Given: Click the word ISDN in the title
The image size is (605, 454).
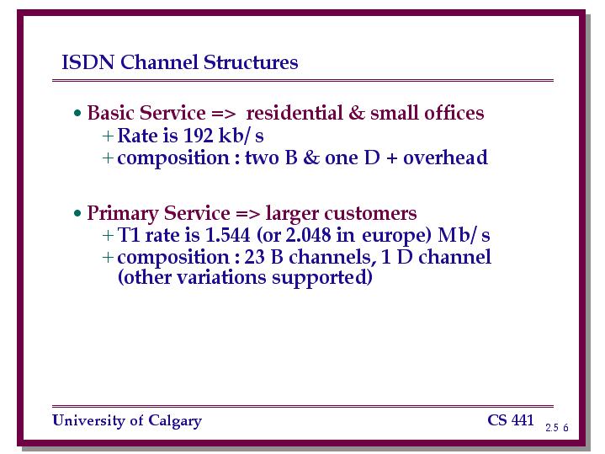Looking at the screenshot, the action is coord(88,62).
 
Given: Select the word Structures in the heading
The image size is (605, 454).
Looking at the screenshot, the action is coord(251,62).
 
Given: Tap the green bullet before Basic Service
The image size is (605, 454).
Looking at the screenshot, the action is coord(77,114).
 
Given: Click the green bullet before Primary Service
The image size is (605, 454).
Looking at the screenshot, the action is coord(77,213).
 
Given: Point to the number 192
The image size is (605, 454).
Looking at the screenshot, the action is coord(198,136).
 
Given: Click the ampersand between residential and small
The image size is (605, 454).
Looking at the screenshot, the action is coord(356,113).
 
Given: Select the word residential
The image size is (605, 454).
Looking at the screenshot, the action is coord(295,113).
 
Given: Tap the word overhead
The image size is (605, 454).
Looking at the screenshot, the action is coord(445,158).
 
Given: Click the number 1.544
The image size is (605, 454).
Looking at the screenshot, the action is coord(228,235).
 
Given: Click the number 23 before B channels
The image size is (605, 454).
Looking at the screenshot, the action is coord(255,257).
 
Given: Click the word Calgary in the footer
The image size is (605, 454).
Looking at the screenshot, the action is coord(175,421).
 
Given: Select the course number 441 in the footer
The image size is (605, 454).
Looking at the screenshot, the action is coord(523,420).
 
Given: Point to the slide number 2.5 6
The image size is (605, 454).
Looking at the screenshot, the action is coord(557,427).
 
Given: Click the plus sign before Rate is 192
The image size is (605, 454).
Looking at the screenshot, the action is coord(108,136).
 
